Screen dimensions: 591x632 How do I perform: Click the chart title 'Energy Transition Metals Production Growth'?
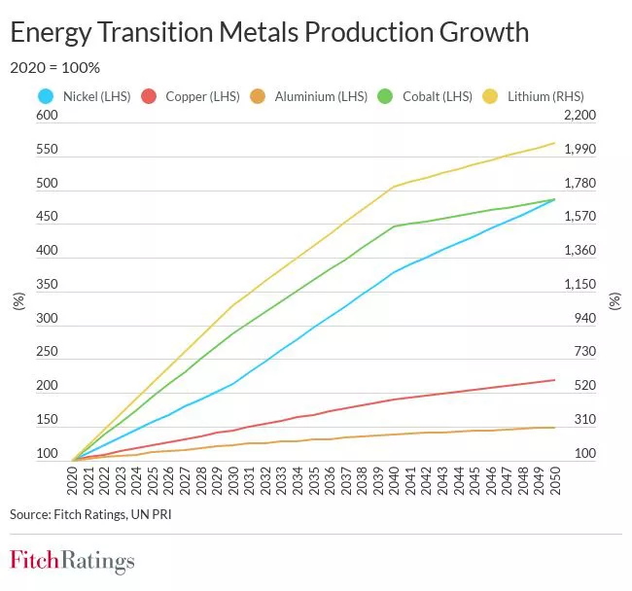[x=269, y=32]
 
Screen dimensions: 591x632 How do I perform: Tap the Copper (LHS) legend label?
[x=203, y=96]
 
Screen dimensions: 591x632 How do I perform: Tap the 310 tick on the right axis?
[x=578, y=420]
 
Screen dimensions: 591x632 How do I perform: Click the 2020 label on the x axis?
[x=73, y=479]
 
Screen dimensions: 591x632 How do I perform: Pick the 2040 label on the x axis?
[x=394, y=479]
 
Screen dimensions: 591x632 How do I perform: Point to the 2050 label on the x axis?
[x=554, y=479]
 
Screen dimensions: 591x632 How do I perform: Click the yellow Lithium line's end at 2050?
[x=554, y=143]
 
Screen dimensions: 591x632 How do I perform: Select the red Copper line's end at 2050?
[x=554, y=379]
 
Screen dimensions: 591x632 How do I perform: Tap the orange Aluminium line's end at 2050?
[x=554, y=427]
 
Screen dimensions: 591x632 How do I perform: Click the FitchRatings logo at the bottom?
[x=72, y=561]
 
